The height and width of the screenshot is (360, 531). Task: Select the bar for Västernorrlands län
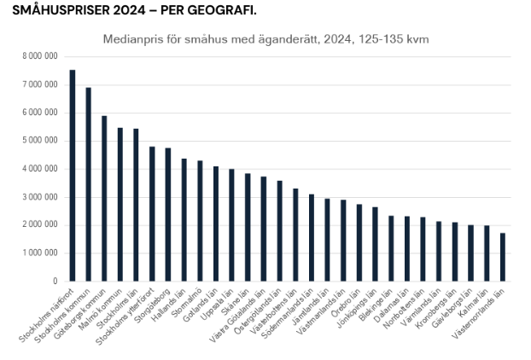502,257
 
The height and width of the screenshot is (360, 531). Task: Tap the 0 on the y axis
55,281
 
